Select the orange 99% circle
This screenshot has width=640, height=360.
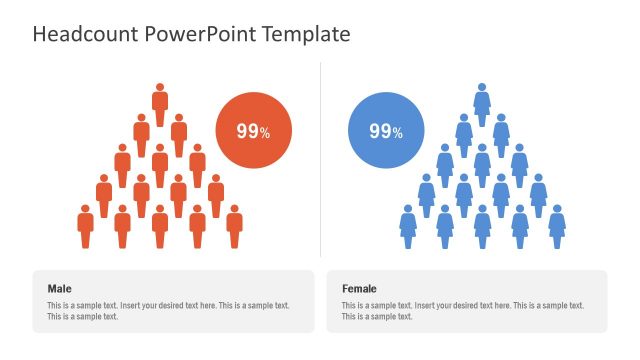[254, 131]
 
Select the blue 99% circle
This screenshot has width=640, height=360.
[386, 131]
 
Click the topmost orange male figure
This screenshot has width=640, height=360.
[160, 104]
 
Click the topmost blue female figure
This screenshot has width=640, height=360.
[482, 104]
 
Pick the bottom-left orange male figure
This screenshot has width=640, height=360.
[86, 226]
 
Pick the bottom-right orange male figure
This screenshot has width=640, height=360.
[234, 226]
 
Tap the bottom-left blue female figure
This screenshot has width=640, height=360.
[408, 226]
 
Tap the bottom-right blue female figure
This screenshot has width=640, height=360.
[557, 226]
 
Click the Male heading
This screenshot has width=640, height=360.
[59, 289]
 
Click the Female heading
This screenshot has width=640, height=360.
[359, 289]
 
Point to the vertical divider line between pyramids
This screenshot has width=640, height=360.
[320, 160]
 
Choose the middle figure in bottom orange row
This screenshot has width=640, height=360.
[160, 226]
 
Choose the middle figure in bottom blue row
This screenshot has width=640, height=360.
[482, 226]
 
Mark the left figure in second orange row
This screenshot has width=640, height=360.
[141, 134]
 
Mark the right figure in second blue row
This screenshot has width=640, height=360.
[501, 134]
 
